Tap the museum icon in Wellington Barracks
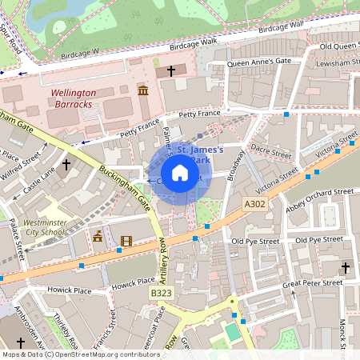point(142,92)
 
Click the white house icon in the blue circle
point(180,173)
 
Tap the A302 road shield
point(254,205)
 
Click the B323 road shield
point(161,294)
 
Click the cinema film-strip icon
point(126,240)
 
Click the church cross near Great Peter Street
point(346,267)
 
